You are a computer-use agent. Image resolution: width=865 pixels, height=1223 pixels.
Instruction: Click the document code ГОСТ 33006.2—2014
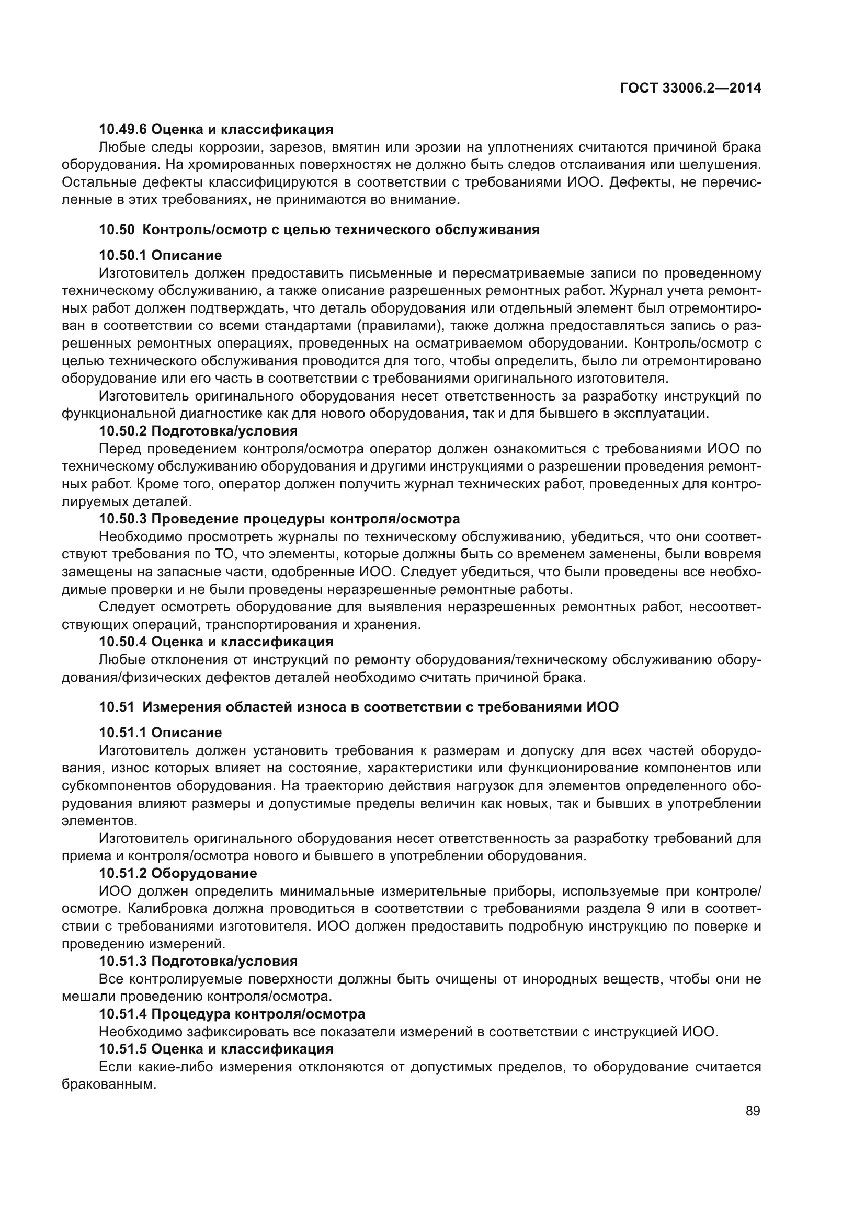coord(690,88)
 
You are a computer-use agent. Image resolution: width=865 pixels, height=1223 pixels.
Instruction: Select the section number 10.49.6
coord(122,129)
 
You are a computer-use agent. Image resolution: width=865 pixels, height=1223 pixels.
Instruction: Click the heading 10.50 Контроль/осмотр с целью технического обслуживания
coord(319,230)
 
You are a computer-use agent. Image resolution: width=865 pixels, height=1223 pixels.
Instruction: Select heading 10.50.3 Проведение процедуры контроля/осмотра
coord(279,518)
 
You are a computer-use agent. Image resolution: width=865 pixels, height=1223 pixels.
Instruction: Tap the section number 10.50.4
coord(122,642)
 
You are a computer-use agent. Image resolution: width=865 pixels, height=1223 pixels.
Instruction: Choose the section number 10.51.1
coord(122,733)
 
